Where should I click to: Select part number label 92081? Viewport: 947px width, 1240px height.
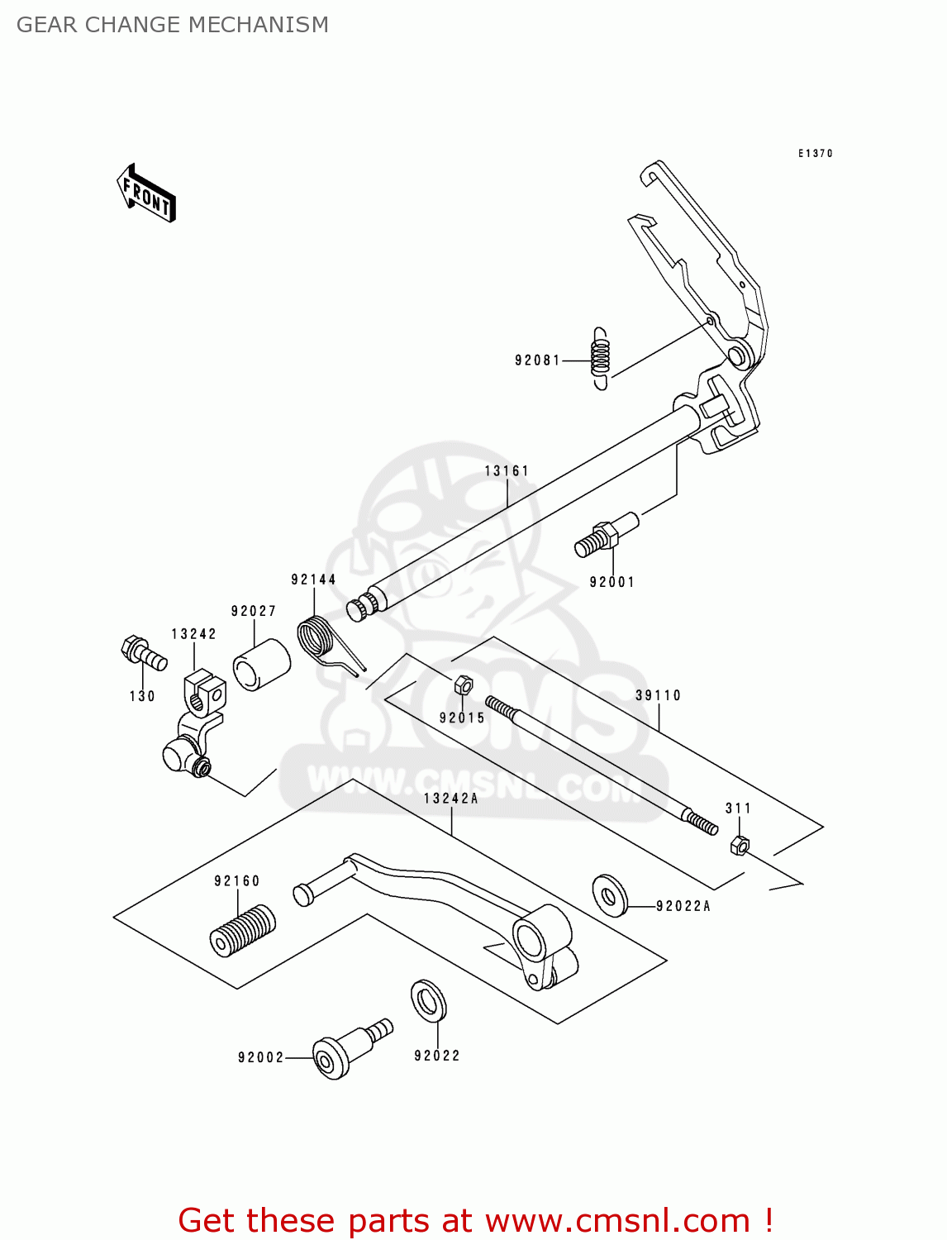coord(537,360)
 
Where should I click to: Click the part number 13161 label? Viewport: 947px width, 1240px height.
coord(507,471)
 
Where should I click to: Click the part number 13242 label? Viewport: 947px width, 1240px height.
coord(194,634)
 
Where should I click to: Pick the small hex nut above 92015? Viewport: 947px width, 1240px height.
coord(463,684)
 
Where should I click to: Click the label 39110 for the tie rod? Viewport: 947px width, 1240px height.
coord(658,695)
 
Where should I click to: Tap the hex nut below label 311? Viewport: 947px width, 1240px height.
coord(740,845)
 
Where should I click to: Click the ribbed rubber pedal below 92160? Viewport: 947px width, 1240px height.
coord(242,931)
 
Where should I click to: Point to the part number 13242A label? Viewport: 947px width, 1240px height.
coord(451,799)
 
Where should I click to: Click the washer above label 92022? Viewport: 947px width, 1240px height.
coord(428,1001)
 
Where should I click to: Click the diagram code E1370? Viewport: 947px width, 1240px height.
coord(815,154)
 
